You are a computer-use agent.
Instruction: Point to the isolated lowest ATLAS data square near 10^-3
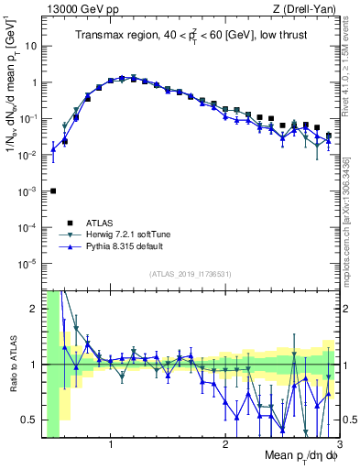tap(53, 191)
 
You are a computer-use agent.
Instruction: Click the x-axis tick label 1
tap(111, 446)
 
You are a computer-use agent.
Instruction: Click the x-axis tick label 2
tap(225, 446)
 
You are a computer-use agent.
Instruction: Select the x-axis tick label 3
tap(338, 446)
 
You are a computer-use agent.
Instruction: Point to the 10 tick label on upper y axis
tap(32, 45)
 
